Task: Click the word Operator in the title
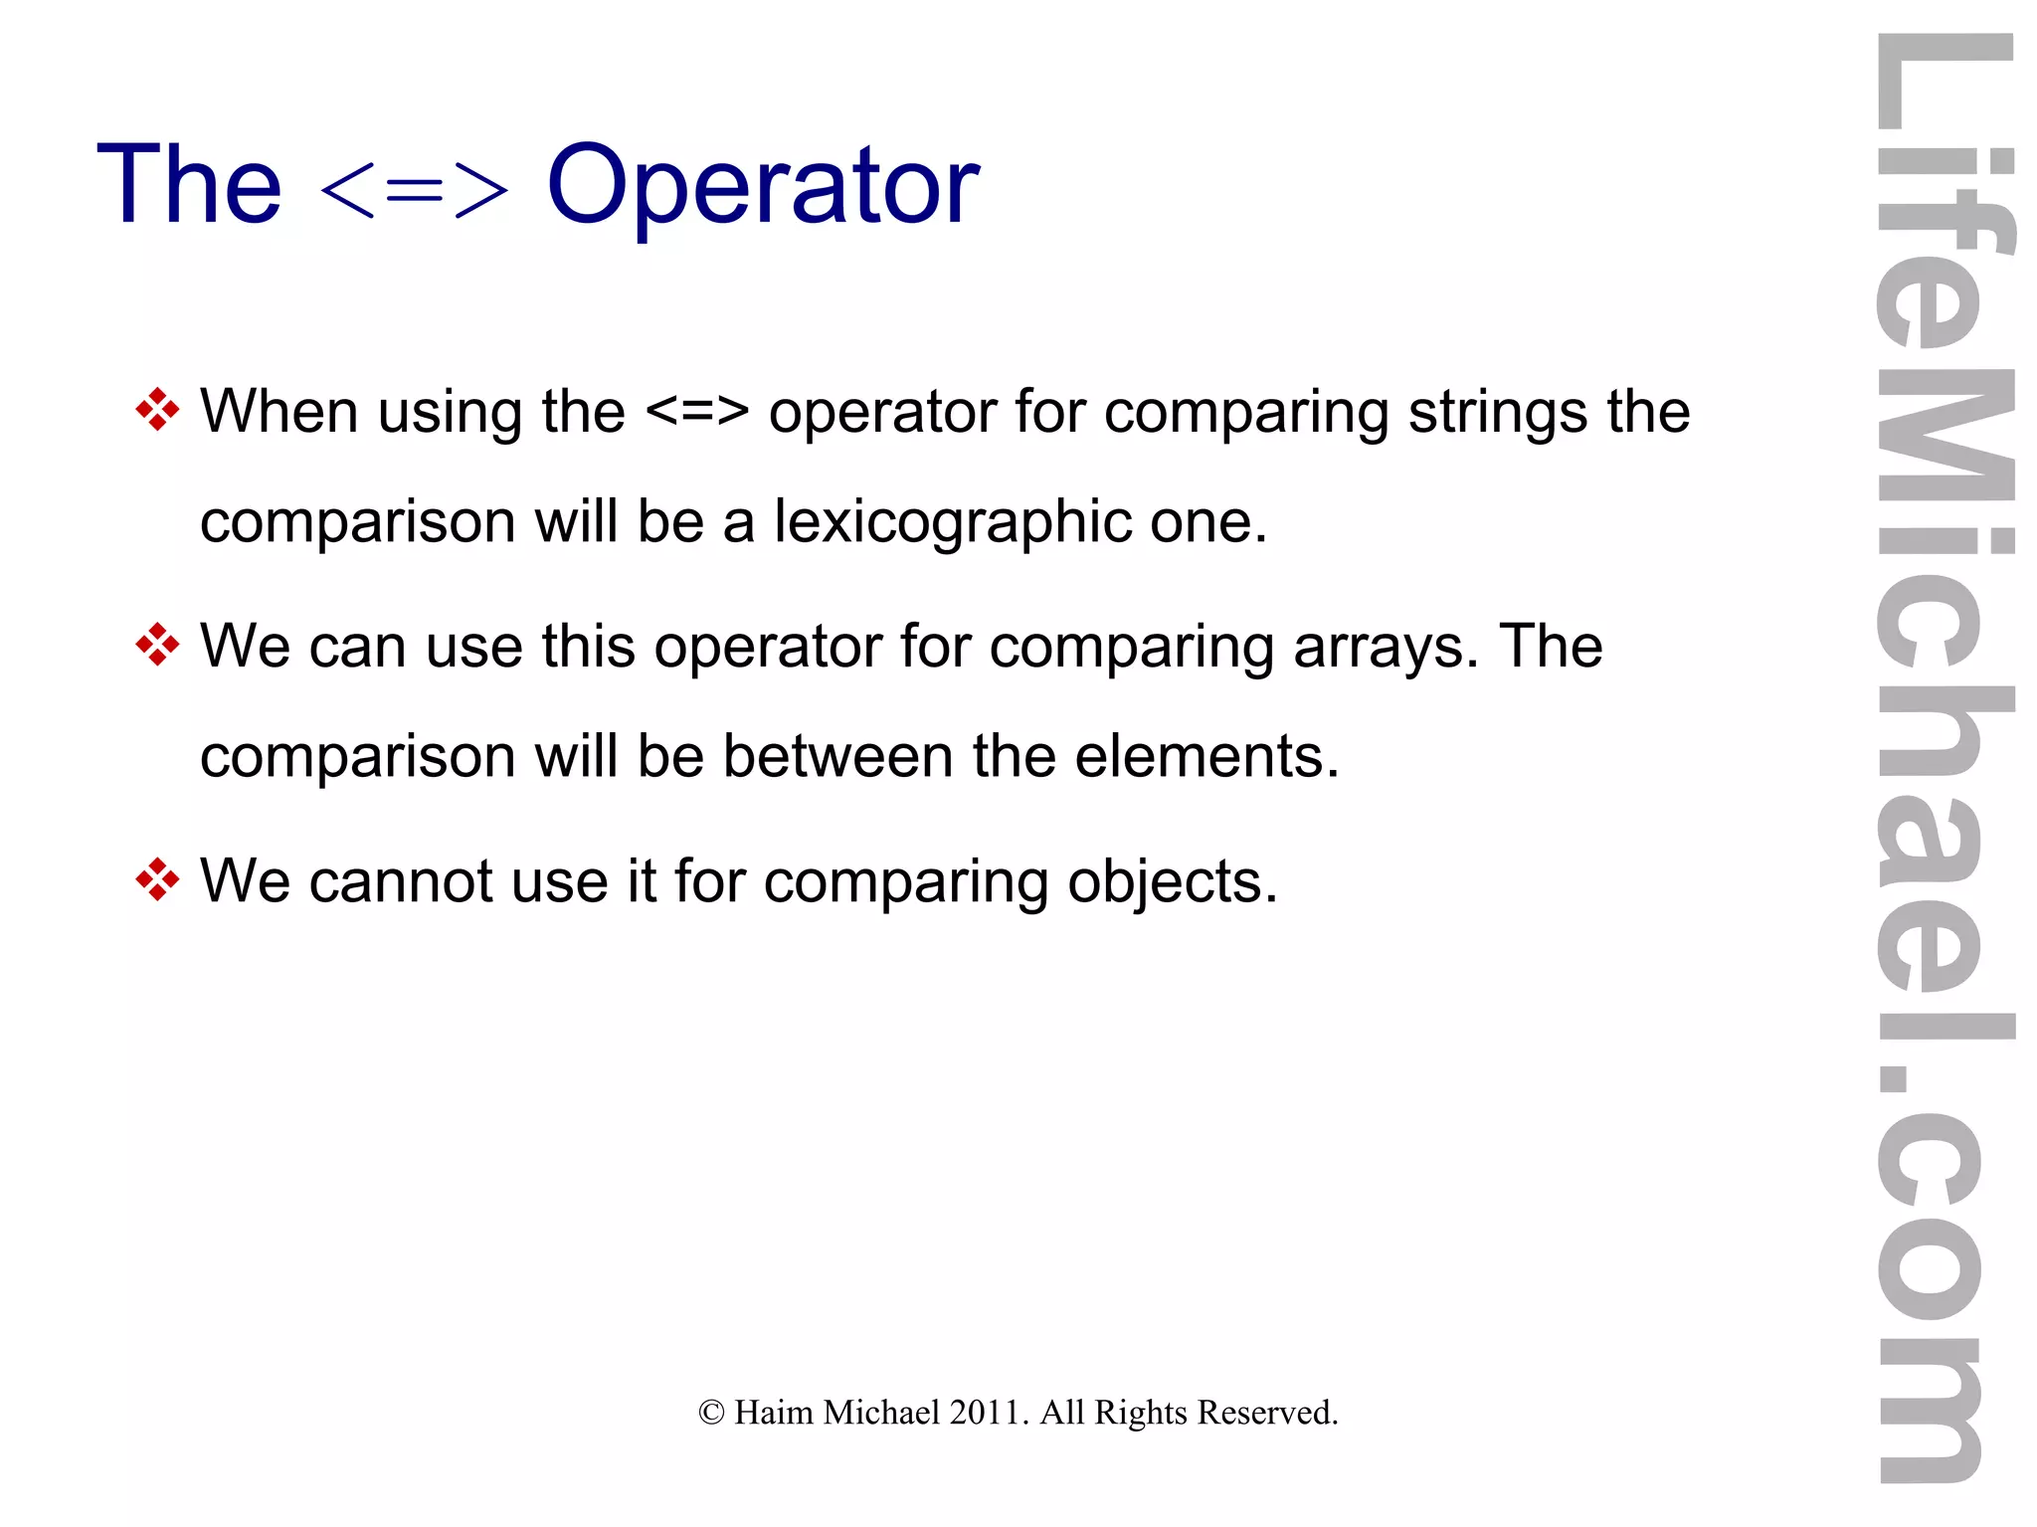point(763,186)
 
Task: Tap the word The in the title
point(189,186)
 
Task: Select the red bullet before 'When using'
point(157,410)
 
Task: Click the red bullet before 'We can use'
point(157,645)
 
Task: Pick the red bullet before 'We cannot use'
point(157,879)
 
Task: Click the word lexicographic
point(952,522)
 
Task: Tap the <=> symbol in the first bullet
point(696,411)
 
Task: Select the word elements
point(1205,756)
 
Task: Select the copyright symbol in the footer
point(711,1413)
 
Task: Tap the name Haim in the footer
point(773,1413)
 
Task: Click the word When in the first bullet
point(278,411)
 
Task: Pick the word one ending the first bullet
point(1206,522)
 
